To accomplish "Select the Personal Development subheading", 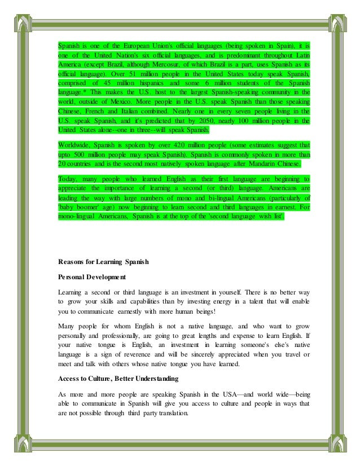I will pos(92,278).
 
